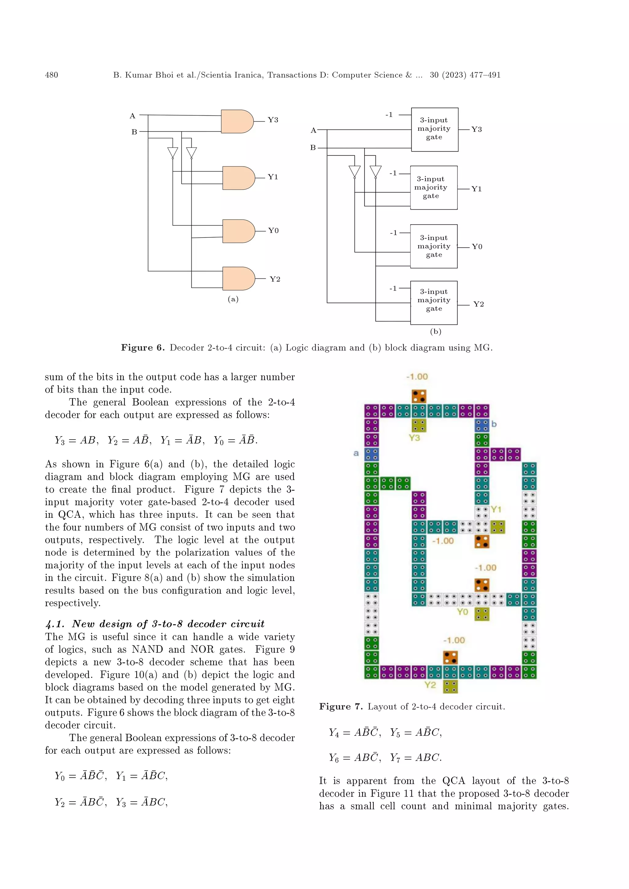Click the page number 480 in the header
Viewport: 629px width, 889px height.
point(52,75)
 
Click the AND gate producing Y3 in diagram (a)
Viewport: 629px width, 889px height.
point(237,121)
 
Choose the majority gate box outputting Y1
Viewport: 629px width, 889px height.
point(433,188)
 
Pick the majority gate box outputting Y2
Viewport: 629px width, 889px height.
point(433,302)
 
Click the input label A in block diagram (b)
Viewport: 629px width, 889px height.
point(313,130)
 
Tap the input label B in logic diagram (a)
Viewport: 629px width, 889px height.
point(134,132)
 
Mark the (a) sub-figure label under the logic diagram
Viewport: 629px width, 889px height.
point(233,299)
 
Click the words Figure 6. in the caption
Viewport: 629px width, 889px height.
point(143,348)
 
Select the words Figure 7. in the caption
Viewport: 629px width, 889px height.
point(341,707)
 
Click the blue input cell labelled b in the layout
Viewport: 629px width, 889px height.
point(482,425)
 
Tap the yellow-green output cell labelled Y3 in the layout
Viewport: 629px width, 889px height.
point(419,425)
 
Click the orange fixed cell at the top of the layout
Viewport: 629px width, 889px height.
point(419,396)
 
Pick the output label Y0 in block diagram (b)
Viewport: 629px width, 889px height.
point(477,247)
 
